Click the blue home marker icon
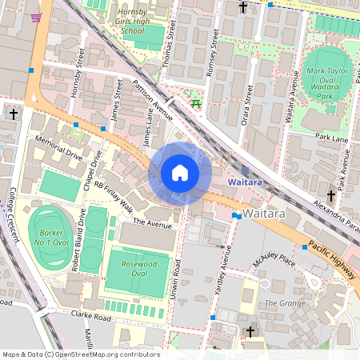click(x=180, y=173)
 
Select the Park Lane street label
click(x=331, y=138)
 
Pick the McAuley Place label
click(x=274, y=261)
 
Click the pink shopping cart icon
click(x=35, y=17)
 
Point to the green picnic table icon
click(x=194, y=102)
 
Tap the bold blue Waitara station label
click(x=245, y=182)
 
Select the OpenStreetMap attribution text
click(x=81, y=354)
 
